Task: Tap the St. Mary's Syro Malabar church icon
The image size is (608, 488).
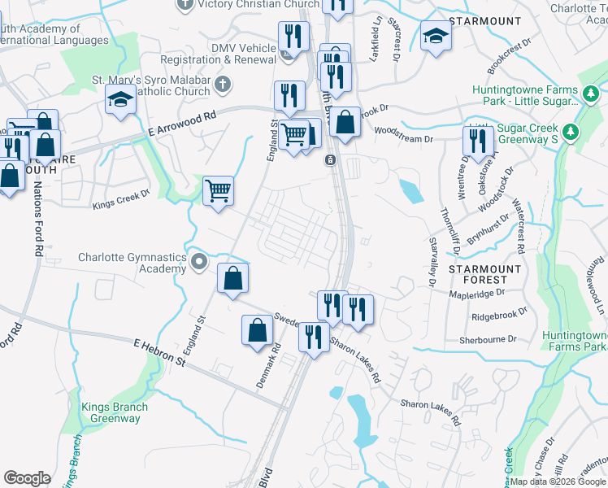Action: coord(221,85)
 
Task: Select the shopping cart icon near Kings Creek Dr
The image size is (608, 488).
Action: coord(218,191)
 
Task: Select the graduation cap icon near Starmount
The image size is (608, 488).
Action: coord(436,37)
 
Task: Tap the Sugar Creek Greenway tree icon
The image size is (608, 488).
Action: coord(571,131)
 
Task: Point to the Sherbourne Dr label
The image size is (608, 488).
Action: coord(488,340)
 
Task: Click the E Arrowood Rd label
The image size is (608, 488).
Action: coord(184,124)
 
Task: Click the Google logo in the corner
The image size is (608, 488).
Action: coord(27,478)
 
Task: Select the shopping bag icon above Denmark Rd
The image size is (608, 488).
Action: coord(258,330)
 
